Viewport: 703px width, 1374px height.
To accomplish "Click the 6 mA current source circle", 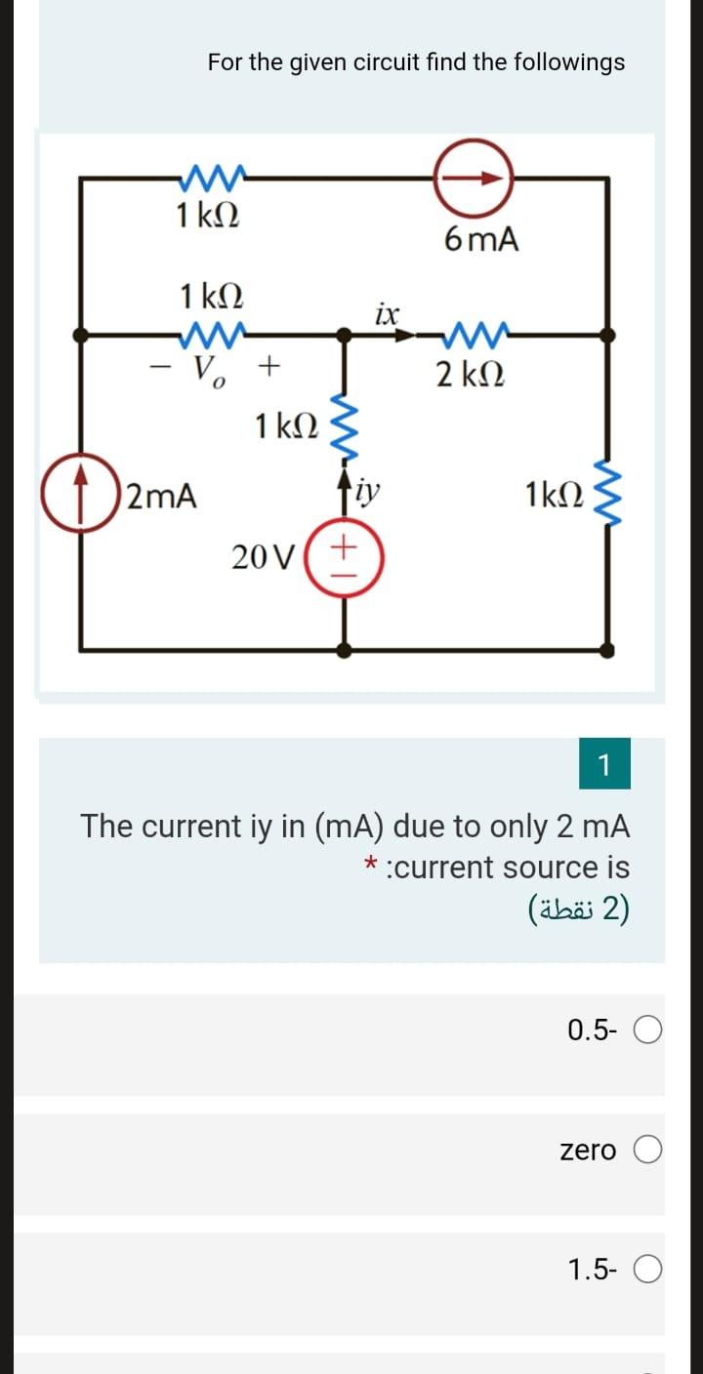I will pos(474,179).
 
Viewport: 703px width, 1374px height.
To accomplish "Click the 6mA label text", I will pos(480,239).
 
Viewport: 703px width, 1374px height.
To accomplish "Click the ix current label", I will pos(387,314).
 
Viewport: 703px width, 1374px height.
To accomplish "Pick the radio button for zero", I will pos(650,1151).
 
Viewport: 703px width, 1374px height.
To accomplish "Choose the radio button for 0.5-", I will pos(650,1030).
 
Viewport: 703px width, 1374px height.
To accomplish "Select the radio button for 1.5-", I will pos(650,1270).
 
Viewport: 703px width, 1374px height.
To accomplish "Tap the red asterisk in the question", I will pos(370,866).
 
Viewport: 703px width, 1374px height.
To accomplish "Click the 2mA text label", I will pos(162,497).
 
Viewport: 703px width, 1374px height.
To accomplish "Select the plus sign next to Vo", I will pos(269,366).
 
